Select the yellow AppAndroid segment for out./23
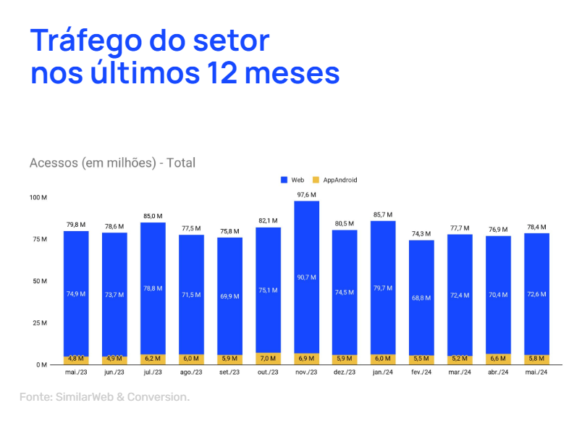coord(268,359)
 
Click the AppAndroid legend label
coord(339,180)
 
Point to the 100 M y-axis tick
coord(38,197)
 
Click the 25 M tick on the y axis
coord(40,323)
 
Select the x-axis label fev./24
coord(421,372)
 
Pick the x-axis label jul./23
coord(153,372)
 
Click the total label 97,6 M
coord(306,195)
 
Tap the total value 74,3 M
coord(421,234)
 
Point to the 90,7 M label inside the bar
coord(306,278)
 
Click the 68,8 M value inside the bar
coord(421,297)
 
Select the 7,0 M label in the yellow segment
coord(268,359)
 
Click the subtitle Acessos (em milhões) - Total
coord(112,163)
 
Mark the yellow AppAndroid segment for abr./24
coord(498,359)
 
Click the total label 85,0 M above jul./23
coord(153,216)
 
